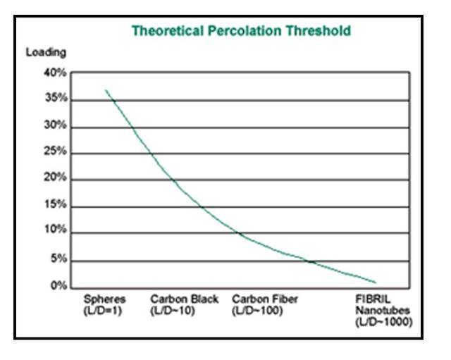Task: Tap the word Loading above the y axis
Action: point(46,52)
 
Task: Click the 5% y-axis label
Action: point(58,259)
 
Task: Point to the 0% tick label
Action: point(58,286)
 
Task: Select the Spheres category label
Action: point(104,299)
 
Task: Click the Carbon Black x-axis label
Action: point(185,299)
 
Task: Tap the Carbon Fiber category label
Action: point(265,299)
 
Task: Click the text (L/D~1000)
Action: point(383,322)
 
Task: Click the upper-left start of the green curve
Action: point(106,90)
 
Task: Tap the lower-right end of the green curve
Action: point(376,283)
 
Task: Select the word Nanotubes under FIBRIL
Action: point(381,311)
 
